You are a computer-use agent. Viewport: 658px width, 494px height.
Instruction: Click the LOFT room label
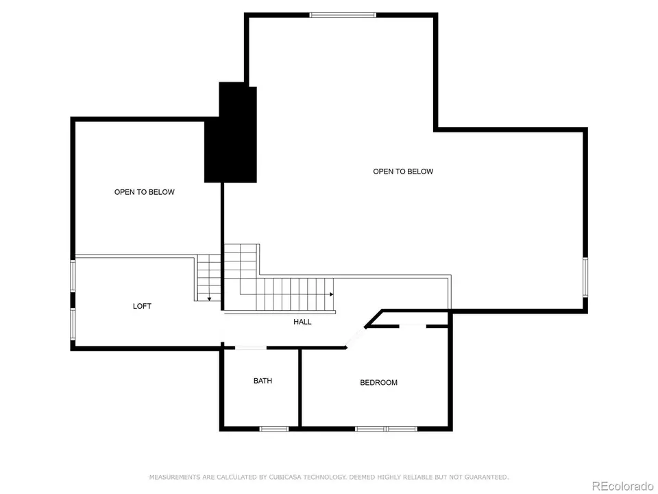142,306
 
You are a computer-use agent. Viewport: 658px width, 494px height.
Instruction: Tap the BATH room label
263,380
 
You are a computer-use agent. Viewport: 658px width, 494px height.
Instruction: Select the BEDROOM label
378,382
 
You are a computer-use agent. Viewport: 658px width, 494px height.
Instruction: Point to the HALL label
302,322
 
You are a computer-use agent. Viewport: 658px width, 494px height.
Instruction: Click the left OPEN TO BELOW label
144,192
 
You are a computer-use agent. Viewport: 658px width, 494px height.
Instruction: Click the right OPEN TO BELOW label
403,172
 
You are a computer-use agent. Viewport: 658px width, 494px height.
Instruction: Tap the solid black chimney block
232,134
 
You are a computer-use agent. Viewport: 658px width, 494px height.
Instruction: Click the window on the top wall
343,14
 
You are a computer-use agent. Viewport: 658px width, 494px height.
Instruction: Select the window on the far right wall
585,277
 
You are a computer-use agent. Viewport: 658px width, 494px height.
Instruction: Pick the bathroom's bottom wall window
273,429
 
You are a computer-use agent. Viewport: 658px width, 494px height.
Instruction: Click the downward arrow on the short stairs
208,298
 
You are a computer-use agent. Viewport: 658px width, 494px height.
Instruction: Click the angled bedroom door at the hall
355,337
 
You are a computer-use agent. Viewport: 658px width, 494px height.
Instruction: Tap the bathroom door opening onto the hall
251,348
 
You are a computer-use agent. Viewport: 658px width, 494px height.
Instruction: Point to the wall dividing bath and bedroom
300,388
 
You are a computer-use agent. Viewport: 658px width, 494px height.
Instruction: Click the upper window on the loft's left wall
73,276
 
